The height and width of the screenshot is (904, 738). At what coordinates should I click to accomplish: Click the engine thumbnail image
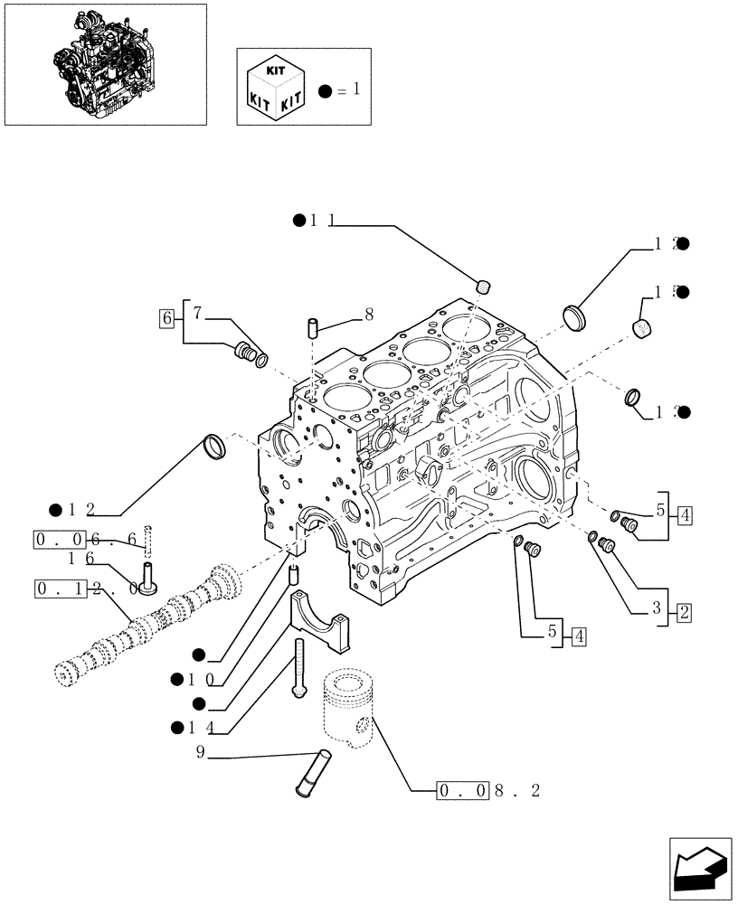tap(105, 64)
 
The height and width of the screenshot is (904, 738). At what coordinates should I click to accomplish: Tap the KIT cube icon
tap(274, 88)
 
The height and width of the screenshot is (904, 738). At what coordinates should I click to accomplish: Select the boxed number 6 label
tap(166, 317)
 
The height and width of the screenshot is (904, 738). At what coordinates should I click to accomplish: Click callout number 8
tap(368, 315)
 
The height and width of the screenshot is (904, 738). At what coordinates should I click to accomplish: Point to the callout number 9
tap(200, 750)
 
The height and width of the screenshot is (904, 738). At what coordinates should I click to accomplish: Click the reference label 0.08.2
tap(489, 791)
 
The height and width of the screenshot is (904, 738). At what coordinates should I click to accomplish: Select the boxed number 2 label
tap(684, 613)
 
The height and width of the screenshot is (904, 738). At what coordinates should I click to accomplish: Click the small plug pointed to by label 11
tap(484, 287)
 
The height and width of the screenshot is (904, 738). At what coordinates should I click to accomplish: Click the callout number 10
tap(201, 678)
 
